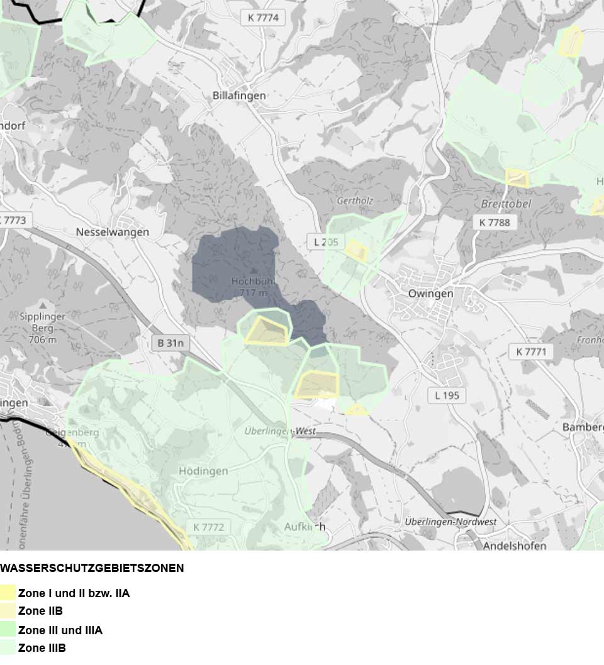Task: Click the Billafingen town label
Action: [x=239, y=96]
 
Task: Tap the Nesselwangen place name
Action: [x=113, y=232]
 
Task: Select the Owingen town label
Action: [x=430, y=294]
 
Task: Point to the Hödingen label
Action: [x=203, y=471]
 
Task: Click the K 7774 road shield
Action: [x=263, y=18]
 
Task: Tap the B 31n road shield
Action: [x=171, y=343]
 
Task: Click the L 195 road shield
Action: [x=447, y=395]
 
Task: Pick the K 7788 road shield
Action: [x=494, y=222]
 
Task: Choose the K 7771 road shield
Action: [x=531, y=351]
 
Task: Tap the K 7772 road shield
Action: [x=208, y=527]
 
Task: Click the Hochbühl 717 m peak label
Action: [x=250, y=287]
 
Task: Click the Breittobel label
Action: [x=506, y=204]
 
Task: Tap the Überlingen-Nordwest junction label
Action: [x=450, y=522]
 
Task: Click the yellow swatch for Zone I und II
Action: [x=8, y=593]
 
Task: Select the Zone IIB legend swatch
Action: [x=8, y=611]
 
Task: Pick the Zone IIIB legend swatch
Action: [x=8, y=647]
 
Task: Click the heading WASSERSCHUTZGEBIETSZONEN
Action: [x=92, y=568]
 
